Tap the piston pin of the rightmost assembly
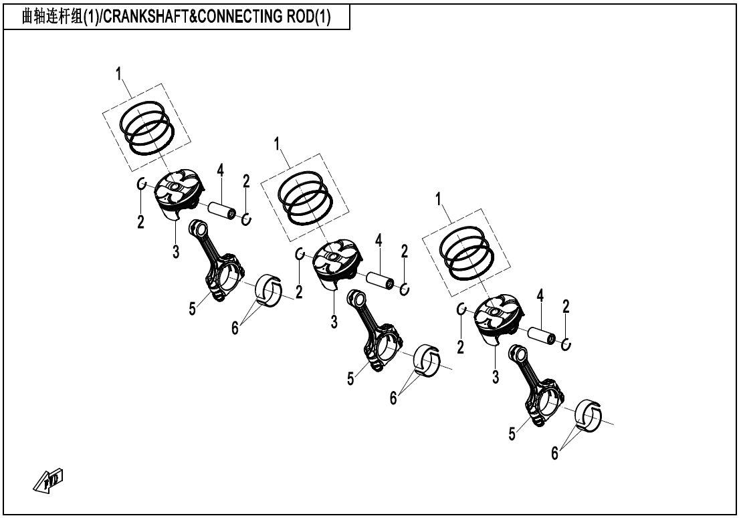[542, 334]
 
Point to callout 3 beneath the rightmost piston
[496, 377]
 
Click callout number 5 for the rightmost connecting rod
[512, 434]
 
